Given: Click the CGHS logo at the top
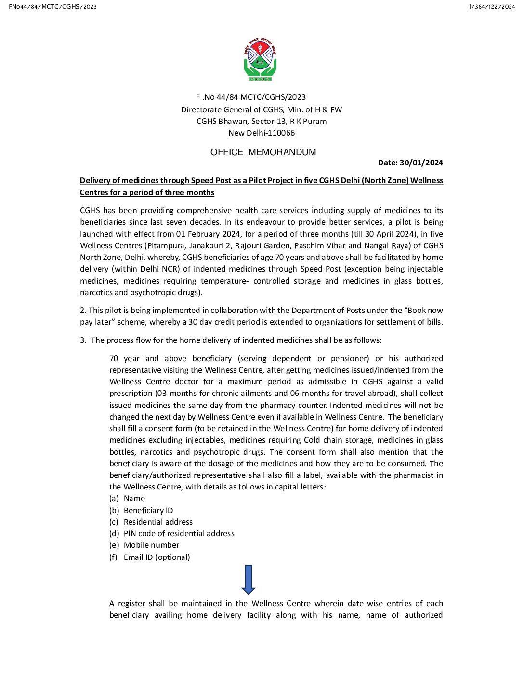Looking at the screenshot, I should click(260, 59).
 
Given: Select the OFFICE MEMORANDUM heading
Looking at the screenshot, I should click(263, 152).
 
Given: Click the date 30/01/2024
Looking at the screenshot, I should click(421, 163).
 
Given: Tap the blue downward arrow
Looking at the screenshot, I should click(248, 579).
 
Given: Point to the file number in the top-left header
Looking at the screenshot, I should click(52, 7).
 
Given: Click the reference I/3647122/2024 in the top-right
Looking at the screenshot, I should click(492, 7).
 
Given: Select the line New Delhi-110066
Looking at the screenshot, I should click(262, 133).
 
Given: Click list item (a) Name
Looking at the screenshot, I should click(128, 499).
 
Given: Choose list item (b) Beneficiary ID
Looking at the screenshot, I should click(142, 510).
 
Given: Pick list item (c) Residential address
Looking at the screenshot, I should click(151, 522).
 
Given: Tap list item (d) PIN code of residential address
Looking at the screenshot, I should click(172, 534).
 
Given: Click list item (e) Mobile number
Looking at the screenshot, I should click(145, 545).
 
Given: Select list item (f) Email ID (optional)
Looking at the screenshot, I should click(150, 557).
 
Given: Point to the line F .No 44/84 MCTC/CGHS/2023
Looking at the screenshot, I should click(251, 97).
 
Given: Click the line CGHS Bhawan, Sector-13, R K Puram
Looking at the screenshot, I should click(262, 122).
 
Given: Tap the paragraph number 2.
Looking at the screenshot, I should click(83, 311).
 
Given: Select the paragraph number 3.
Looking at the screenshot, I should click(83, 340).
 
